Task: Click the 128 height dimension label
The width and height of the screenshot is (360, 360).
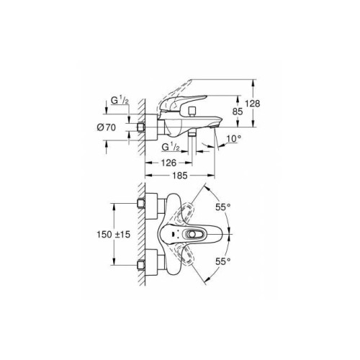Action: pyautogui.click(x=253, y=104)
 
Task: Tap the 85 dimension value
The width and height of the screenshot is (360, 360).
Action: pyautogui.click(x=238, y=112)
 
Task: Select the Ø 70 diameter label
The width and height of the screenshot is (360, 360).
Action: pyautogui.click(x=107, y=127)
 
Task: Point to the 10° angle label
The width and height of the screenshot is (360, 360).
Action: pyautogui.click(x=234, y=138)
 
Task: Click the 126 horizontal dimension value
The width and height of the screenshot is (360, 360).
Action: pyautogui.click(x=168, y=163)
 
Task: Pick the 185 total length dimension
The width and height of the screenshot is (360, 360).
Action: pyautogui.click(x=180, y=176)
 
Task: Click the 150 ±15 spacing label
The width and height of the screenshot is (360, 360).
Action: pyautogui.click(x=113, y=234)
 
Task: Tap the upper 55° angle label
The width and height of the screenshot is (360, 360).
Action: pyautogui.click(x=222, y=207)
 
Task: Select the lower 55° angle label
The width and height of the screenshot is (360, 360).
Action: pyautogui.click(x=222, y=261)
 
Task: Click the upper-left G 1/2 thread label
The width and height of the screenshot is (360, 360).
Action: pyautogui.click(x=120, y=100)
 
